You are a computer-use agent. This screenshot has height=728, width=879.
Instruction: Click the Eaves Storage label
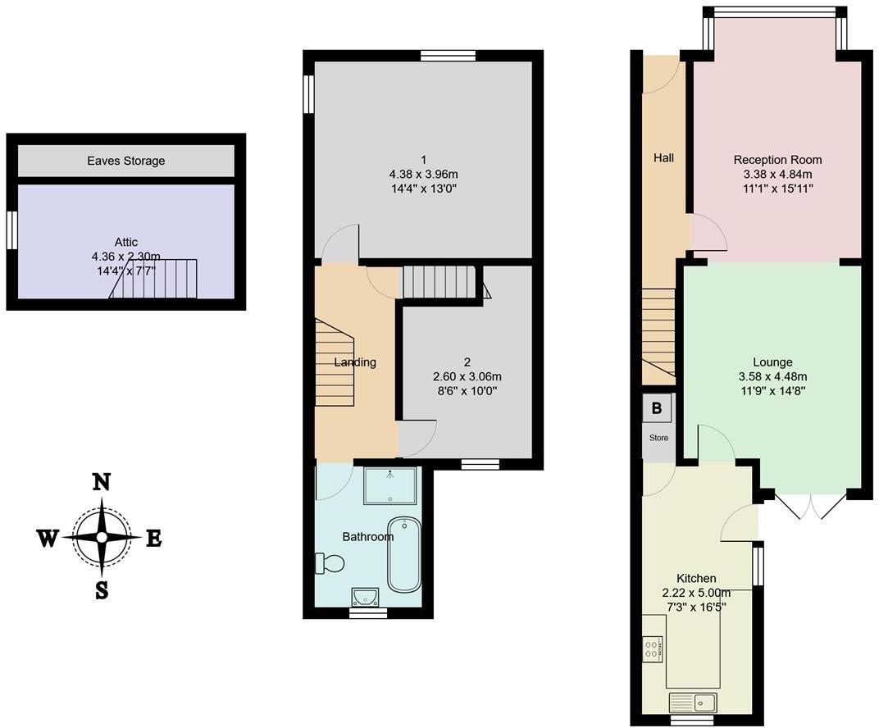point(126,161)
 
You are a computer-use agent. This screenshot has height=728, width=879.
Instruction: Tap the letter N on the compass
point(101,482)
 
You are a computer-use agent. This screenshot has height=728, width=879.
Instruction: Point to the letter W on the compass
point(48,538)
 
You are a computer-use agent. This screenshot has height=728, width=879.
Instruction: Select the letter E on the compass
point(153,539)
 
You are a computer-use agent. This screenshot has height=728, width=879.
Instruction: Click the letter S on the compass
point(101,590)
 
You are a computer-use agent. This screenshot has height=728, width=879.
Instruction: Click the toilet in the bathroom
point(330,563)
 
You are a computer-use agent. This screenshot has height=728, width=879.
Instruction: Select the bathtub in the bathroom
point(403,554)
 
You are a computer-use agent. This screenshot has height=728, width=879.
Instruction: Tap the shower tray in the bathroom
point(389,485)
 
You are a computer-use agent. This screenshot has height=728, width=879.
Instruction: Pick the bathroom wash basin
point(367,596)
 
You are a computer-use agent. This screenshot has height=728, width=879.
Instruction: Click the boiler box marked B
point(657,407)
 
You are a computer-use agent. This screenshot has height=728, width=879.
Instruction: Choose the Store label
point(658,438)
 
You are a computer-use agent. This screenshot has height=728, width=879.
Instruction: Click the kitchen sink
point(693,702)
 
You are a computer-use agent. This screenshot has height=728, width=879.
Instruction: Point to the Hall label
point(663,157)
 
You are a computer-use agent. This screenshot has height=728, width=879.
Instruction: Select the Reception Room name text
point(777,160)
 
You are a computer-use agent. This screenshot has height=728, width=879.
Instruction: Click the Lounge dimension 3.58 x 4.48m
point(772,376)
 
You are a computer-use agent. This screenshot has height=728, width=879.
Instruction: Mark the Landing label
point(355,362)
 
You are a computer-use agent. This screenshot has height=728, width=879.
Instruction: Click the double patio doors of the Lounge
point(808,507)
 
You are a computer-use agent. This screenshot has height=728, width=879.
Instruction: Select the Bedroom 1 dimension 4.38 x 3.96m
point(423,174)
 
